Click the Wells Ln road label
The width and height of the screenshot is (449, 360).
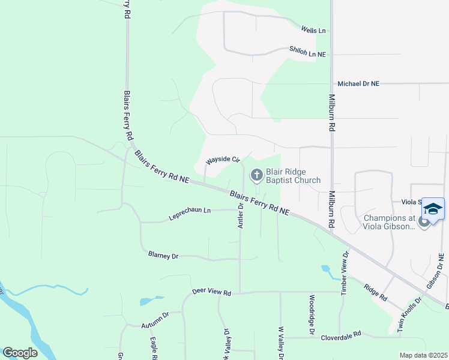[313, 30]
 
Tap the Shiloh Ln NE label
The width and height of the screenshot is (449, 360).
[307, 54]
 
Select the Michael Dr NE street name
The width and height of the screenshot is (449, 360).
[359, 85]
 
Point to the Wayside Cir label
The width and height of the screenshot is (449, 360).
[223, 161]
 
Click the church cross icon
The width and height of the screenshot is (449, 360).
[256, 175]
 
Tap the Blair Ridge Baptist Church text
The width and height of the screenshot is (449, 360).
[293, 175]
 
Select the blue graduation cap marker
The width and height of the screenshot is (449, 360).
[433, 209]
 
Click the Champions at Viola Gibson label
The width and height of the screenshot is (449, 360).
[388, 221]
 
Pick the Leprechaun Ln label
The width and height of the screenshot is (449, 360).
[190, 211]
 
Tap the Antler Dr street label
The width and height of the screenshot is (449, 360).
[240, 215]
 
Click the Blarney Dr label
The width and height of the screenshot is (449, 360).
[163, 256]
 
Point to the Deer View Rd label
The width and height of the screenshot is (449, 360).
[211, 292]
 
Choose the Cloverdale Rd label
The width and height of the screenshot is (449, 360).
[340, 335]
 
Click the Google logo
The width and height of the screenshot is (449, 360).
[20, 353]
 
